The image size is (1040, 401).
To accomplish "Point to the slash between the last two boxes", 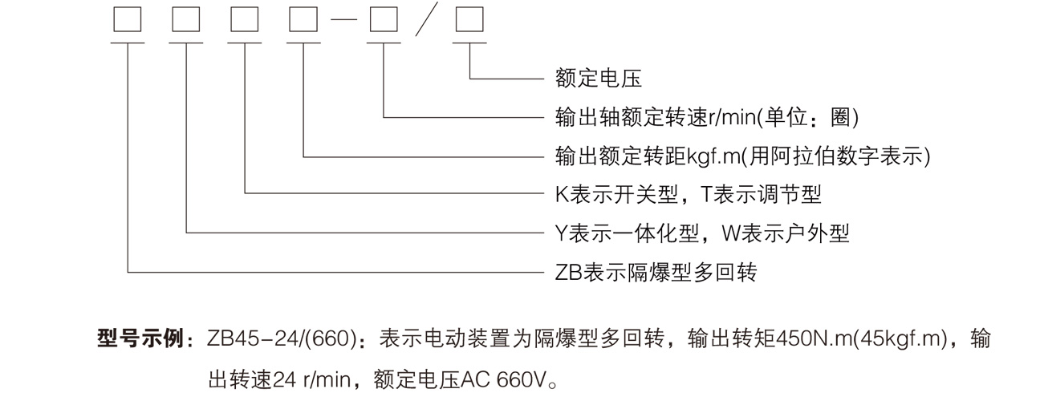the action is click(427, 19).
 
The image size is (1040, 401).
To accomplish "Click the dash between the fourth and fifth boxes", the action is click(343, 20).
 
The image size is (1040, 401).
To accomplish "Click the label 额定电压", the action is click(599, 78).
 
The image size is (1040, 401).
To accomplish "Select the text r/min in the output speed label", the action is click(732, 117).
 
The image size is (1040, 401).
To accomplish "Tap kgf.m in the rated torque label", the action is click(713, 157).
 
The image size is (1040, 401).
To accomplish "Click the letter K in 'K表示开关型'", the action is click(563, 195).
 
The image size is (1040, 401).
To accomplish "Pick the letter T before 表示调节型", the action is click(706, 194).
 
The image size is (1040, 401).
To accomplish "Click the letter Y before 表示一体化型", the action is click(562, 233).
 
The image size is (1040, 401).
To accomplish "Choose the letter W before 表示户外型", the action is click(731, 233).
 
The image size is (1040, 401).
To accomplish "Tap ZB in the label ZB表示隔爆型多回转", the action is click(569, 273).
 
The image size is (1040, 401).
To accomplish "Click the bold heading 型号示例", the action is click(140, 338).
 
